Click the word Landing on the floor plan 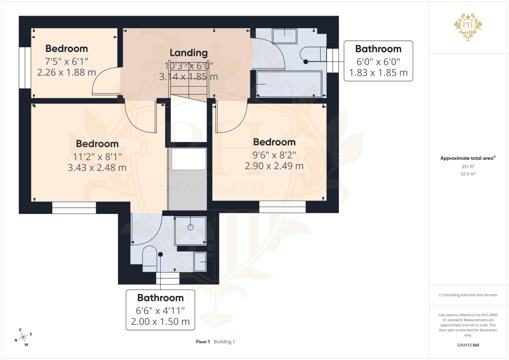pyautogui.click(x=189, y=53)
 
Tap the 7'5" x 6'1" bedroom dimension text pyautogui.click(x=66, y=61)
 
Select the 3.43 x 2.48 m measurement pyautogui.click(x=97, y=168)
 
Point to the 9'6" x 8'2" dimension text pyautogui.click(x=274, y=155)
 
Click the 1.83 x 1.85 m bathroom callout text pyautogui.click(x=378, y=73)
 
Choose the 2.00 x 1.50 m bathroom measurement pyautogui.click(x=160, y=321)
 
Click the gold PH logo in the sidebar pyautogui.click(x=468, y=27)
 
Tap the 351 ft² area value pyautogui.click(x=468, y=166)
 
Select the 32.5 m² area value pyautogui.click(x=468, y=174)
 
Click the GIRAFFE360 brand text pyautogui.click(x=468, y=345)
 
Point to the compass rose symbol pyautogui.click(x=23, y=337)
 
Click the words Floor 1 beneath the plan pyautogui.click(x=203, y=342)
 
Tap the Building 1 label pyautogui.click(x=224, y=342)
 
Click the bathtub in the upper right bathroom pyautogui.click(x=289, y=84)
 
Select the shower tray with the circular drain pyautogui.click(x=190, y=231)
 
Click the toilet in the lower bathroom pyautogui.click(x=150, y=259)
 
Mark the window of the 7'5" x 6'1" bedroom pyautogui.click(x=25, y=67)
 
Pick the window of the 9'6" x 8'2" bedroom pyautogui.click(x=282, y=207)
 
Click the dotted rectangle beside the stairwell pyautogui.click(x=189, y=159)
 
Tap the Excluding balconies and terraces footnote pyautogui.click(x=468, y=295)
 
